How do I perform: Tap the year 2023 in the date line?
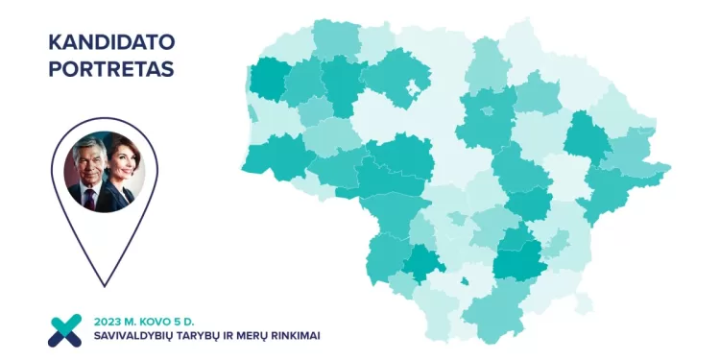108,320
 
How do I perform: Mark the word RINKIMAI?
305,336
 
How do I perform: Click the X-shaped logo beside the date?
66,329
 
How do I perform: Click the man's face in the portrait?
87,171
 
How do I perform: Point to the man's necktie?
90,200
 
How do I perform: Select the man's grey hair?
84,151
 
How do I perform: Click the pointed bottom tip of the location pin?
103,284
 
